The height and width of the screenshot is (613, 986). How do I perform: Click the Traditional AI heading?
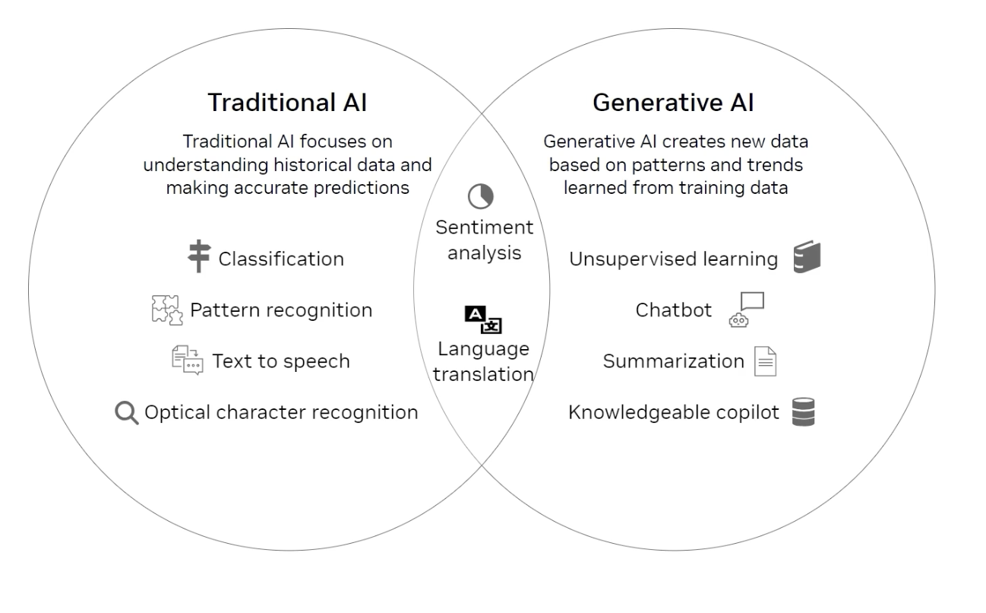(x=287, y=103)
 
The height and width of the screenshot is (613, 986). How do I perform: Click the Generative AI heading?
(x=673, y=103)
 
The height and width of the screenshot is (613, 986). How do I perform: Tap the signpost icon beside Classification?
(x=199, y=256)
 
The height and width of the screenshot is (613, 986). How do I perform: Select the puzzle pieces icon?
(x=167, y=310)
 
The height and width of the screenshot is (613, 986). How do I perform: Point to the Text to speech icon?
(x=188, y=360)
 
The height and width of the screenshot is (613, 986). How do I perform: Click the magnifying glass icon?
(x=127, y=413)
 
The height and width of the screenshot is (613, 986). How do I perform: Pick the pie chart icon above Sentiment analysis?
(x=481, y=196)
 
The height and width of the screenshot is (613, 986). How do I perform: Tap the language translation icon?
(x=483, y=319)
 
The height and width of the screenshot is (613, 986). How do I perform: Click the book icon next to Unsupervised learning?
(x=807, y=256)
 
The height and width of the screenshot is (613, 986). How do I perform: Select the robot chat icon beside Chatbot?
(x=747, y=310)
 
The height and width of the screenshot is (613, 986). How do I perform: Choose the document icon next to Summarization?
(x=766, y=361)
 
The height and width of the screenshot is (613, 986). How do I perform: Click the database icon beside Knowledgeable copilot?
(x=804, y=412)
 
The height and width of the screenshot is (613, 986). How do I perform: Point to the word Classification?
(x=281, y=259)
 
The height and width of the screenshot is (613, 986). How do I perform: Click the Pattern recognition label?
(x=281, y=311)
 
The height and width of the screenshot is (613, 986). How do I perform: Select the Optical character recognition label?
(x=281, y=413)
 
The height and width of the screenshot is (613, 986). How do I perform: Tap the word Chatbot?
(x=674, y=310)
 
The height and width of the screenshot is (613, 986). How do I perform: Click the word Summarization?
(x=674, y=361)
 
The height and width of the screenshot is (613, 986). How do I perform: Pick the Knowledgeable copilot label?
(x=674, y=413)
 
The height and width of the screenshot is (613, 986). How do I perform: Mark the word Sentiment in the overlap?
(x=484, y=227)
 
